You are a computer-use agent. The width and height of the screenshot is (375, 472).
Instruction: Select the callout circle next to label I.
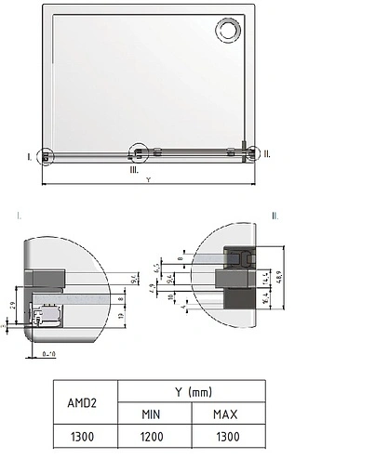click(46, 156)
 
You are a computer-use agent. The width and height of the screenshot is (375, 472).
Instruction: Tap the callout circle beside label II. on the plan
click(248, 154)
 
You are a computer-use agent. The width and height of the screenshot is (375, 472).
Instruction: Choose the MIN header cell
click(154, 413)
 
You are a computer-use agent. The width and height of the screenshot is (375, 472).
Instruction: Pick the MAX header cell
click(228, 413)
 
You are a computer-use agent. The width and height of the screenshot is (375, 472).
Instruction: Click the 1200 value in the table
click(154, 436)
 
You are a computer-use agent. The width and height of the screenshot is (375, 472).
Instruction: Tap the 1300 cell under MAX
click(228, 436)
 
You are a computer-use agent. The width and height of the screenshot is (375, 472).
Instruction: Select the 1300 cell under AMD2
click(85, 436)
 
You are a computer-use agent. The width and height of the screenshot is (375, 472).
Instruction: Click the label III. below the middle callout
click(134, 170)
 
